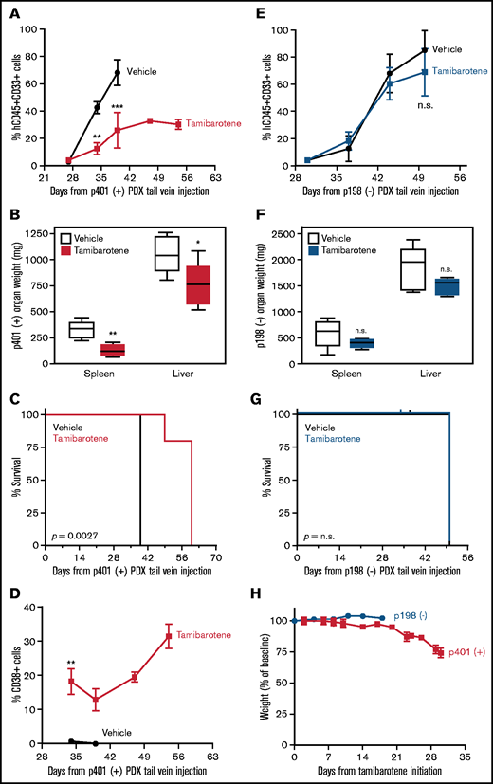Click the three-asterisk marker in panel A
tap(118, 107)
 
